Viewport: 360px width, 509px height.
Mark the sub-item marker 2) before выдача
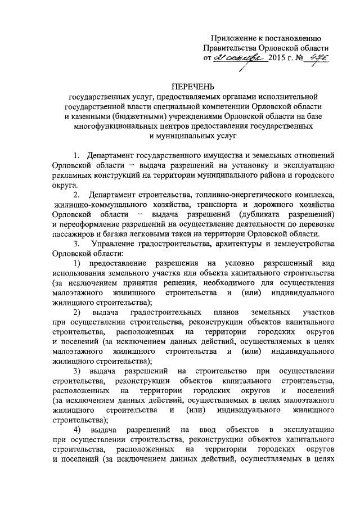point(77,312)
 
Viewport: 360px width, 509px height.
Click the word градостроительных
point(166,312)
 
